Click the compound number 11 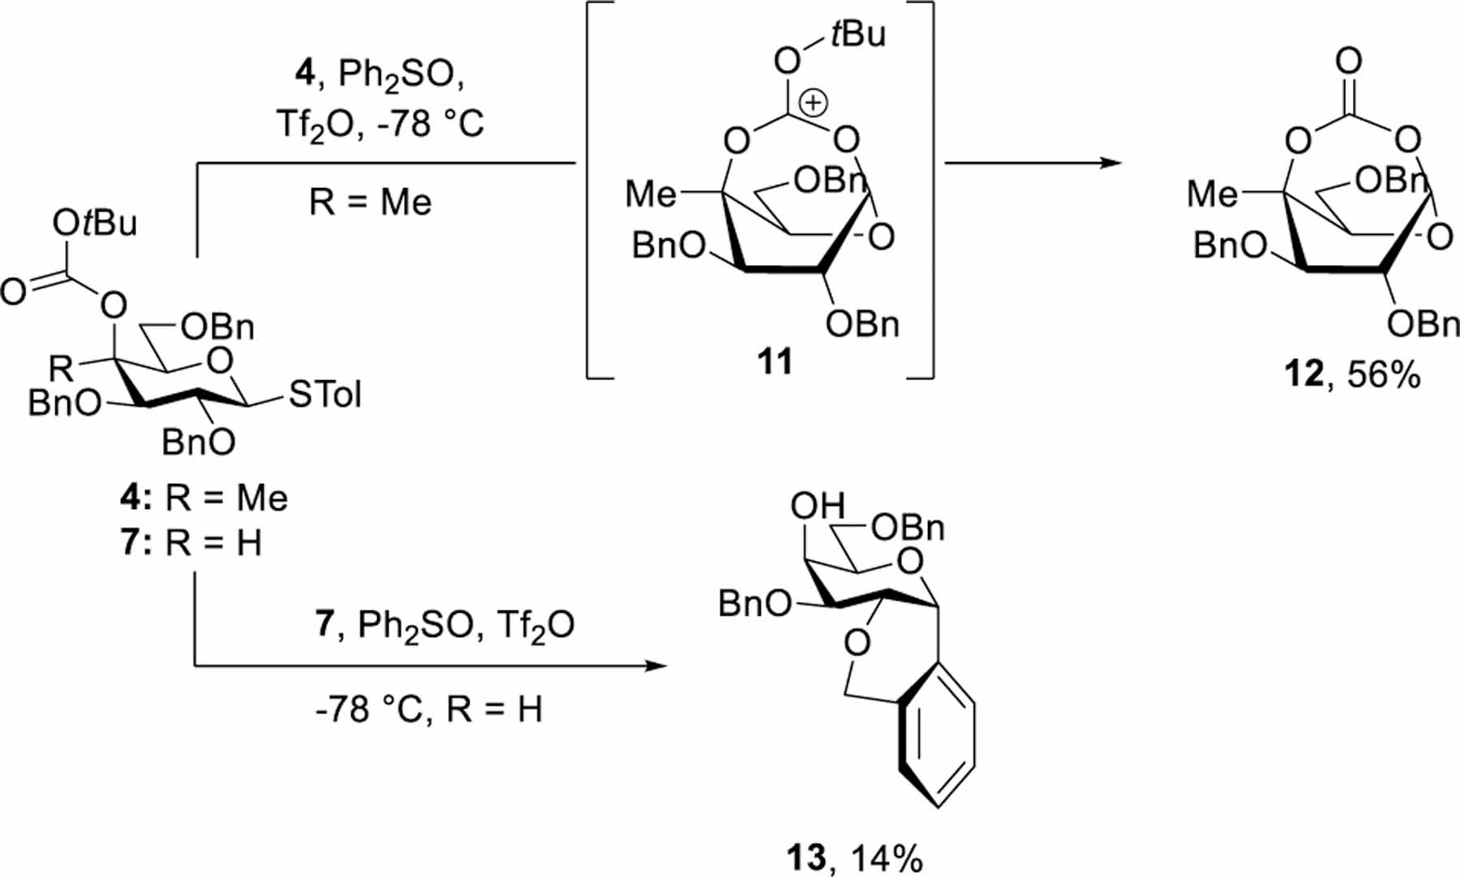point(775,361)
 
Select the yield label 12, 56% point(1352,374)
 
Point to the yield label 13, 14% point(854,858)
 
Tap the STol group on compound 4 point(324,395)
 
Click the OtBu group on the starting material point(95,223)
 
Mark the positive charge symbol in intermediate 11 point(814,103)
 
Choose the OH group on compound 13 point(818,507)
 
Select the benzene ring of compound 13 point(938,738)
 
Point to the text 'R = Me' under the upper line point(370,202)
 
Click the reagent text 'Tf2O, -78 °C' point(380,124)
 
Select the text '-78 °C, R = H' point(428,709)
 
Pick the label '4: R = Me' point(204,498)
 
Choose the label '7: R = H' point(191,543)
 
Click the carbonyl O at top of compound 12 point(1348,61)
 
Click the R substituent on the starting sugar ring point(61,369)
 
